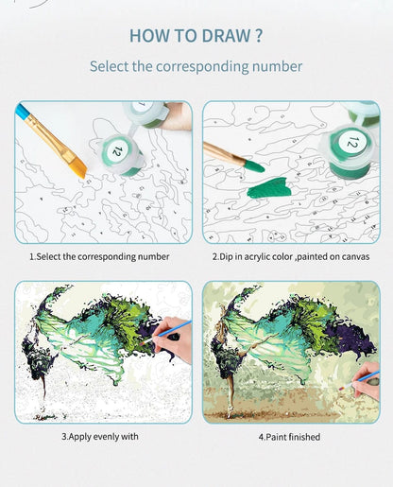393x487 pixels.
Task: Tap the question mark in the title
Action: (258, 37)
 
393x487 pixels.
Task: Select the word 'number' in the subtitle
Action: (278, 67)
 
